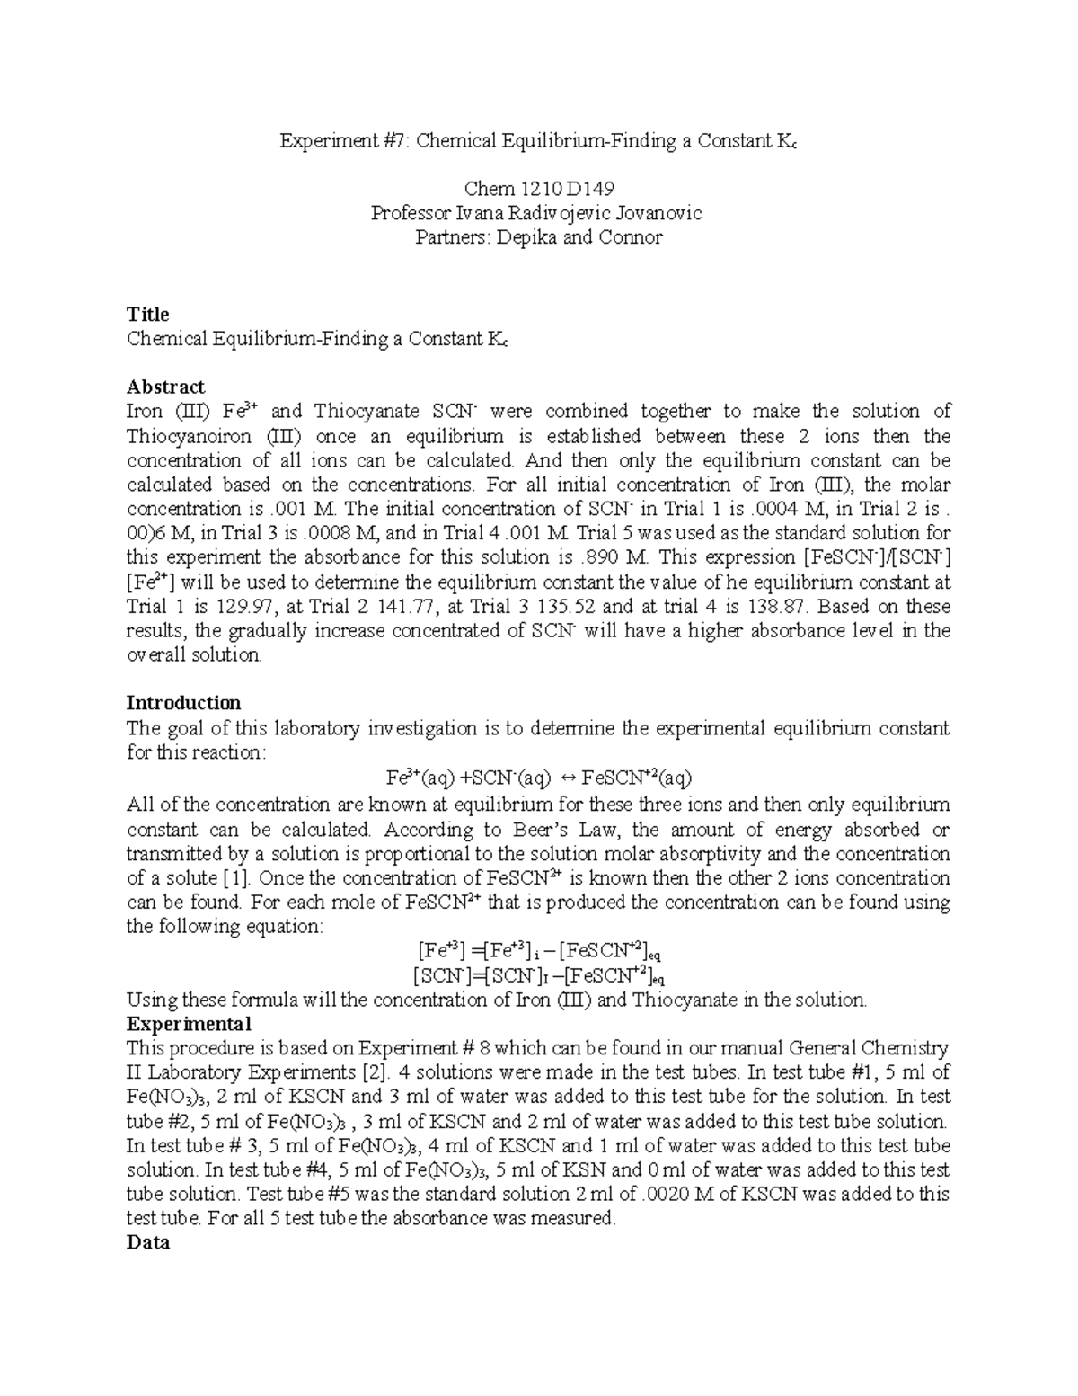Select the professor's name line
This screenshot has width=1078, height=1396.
(x=538, y=213)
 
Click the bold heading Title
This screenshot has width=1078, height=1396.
(x=148, y=315)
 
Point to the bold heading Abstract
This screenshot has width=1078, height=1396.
(x=165, y=387)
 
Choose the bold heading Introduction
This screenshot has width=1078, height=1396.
(x=183, y=703)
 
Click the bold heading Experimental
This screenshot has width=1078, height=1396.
(x=189, y=1024)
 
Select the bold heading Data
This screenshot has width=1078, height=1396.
(x=148, y=1243)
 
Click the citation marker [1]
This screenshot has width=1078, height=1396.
(x=233, y=878)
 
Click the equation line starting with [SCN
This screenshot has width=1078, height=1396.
(x=538, y=975)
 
